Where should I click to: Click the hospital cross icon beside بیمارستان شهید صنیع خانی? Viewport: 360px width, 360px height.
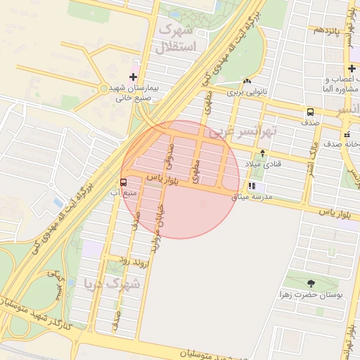point(134,77)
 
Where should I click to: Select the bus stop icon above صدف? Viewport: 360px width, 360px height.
point(309,112)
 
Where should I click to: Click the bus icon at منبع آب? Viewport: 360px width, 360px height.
point(124,181)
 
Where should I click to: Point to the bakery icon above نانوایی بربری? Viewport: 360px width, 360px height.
point(247,81)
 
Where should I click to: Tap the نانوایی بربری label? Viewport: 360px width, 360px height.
point(247,91)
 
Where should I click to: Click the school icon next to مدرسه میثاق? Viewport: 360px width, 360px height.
point(251,188)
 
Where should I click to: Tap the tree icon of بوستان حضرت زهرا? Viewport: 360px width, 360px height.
point(310,283)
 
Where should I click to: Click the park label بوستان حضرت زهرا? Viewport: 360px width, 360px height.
point(310,295)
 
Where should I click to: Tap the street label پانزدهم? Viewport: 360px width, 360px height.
point(327,30)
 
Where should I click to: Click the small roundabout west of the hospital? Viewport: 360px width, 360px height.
point(104,89)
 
